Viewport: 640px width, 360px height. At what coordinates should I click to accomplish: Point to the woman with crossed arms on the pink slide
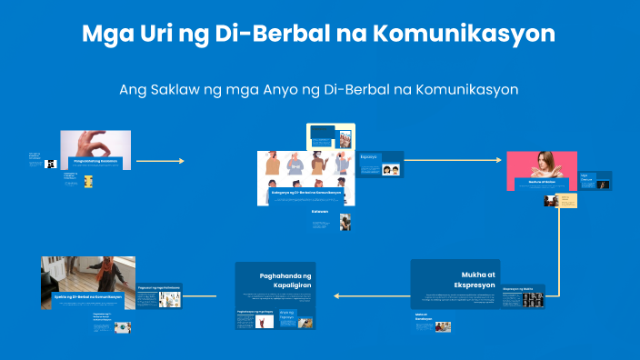click(x=542, y=166)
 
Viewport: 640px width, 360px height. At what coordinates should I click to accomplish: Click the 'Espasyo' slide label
click(x=368, y=157)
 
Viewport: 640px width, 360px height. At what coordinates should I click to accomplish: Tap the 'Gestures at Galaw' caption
click(x=542, y=182)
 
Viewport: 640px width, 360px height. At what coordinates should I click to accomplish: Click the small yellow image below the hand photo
click(x=88, y=181)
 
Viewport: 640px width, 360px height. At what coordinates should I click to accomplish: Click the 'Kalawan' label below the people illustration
click(x=319, y=212)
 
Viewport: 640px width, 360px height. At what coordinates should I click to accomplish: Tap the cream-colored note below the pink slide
click(x=566, y=200)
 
